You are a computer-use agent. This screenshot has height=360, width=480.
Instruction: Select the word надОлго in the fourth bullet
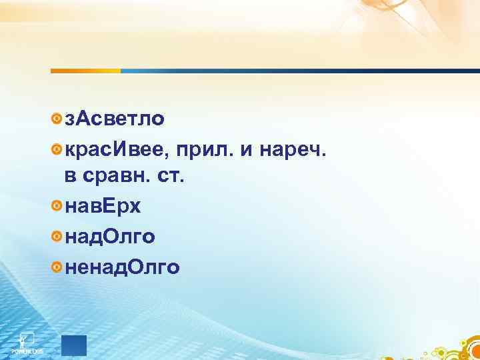[111, 237]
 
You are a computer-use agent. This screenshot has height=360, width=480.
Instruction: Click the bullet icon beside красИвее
[57, 152]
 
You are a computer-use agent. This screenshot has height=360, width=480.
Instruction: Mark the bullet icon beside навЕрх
[57, 207]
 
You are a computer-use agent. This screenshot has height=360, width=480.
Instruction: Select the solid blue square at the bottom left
[74, 345]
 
